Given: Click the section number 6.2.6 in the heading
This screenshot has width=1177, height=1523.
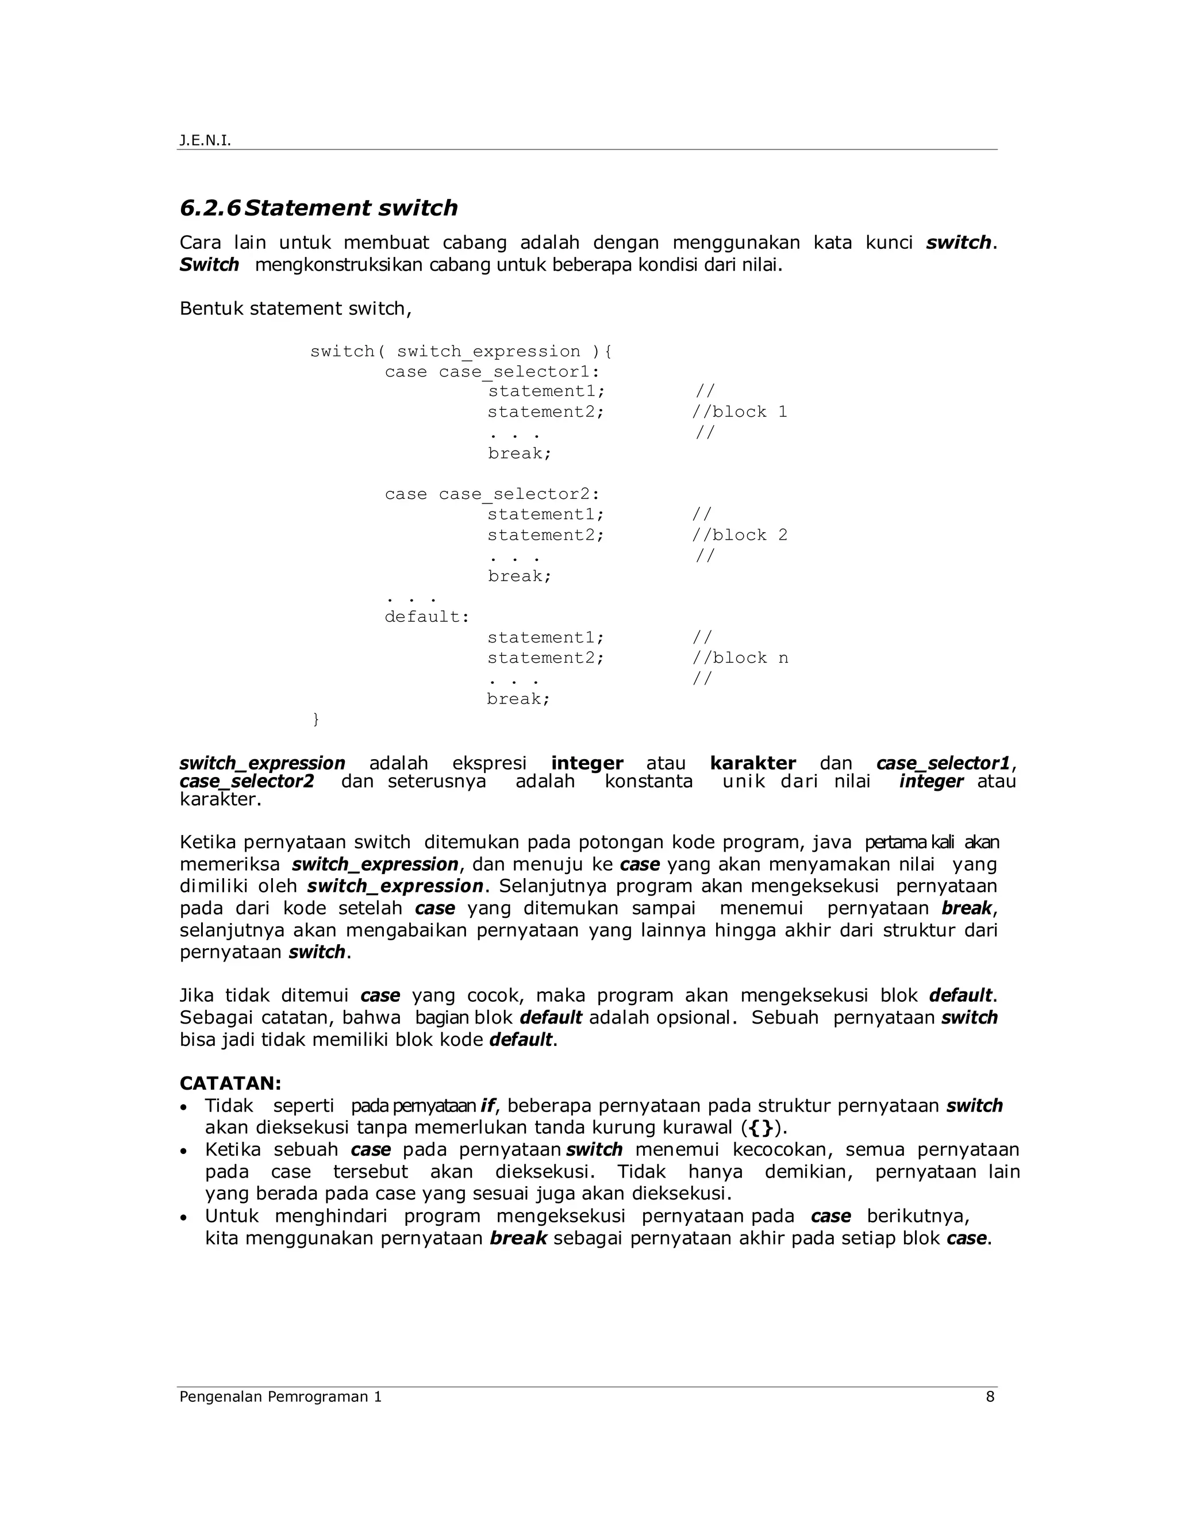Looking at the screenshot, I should tap(210, 208).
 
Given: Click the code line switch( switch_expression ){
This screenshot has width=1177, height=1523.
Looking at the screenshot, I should tap(461, 352).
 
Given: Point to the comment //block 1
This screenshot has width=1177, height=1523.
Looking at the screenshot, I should tap(739, 412).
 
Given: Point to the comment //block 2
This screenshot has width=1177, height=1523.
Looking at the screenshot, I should tap(739, 536).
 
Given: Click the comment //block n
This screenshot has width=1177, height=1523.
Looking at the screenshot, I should tap(740, 658).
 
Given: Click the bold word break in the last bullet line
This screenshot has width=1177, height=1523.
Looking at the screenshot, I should tap(518, 1239).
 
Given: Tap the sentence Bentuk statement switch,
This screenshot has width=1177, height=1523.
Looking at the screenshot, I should tap(295, 309).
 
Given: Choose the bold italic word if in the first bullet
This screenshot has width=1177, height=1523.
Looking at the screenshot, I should tap(487, 1106).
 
